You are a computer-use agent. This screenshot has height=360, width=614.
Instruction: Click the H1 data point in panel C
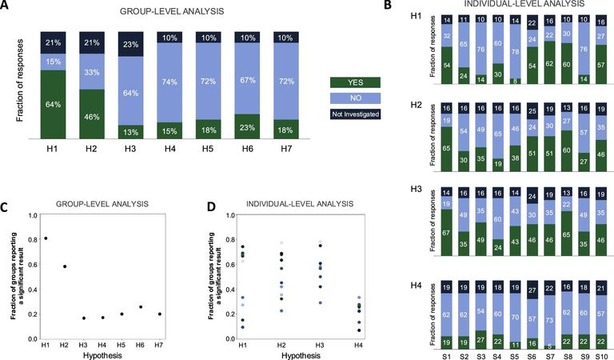click(45, 238)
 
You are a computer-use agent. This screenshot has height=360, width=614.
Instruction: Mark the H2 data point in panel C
click(64, 266)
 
